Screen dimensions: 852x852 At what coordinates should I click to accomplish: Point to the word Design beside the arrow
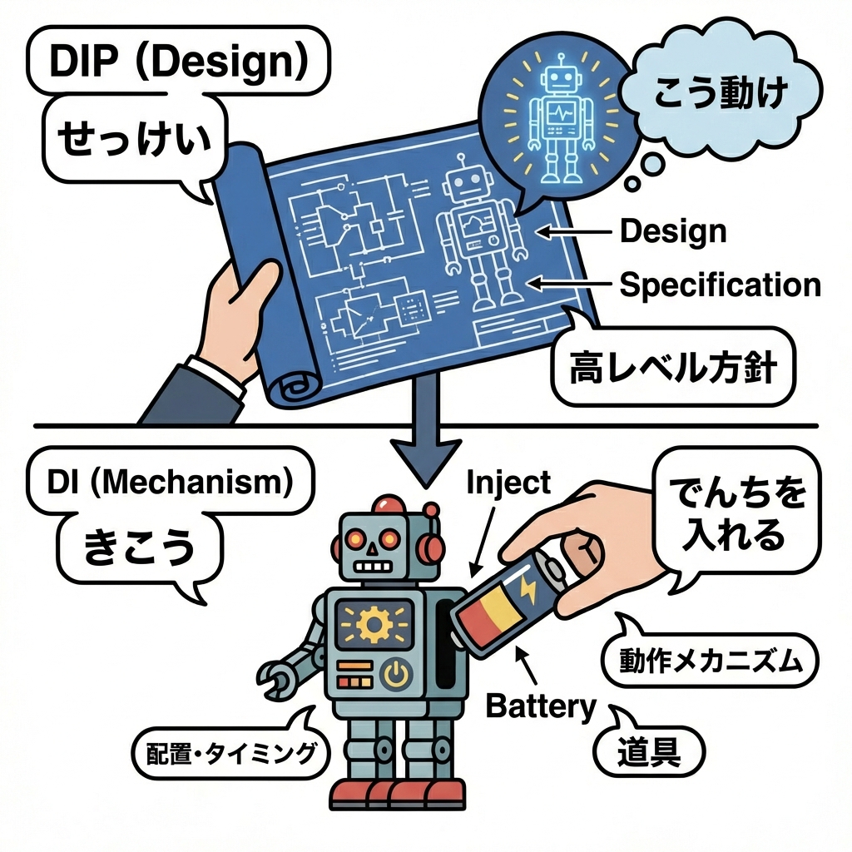pos(673,231)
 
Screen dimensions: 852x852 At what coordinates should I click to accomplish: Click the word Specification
pos(721,285)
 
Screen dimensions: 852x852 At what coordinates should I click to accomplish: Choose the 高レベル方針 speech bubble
pos(672,366)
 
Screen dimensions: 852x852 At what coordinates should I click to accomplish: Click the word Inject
pos(509,482)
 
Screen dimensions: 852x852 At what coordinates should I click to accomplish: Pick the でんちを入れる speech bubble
pos(733,517)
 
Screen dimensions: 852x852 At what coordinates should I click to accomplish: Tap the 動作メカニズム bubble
pos(710,662)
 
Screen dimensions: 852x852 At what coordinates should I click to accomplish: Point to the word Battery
pos(541,707)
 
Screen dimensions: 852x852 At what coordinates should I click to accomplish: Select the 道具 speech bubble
pos(649,752)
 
